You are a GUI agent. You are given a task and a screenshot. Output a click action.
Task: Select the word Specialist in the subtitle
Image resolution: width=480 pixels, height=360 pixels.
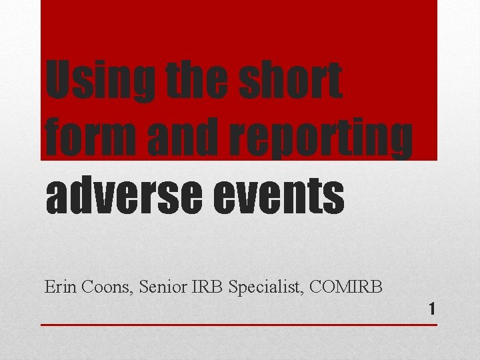(x=263, y=288)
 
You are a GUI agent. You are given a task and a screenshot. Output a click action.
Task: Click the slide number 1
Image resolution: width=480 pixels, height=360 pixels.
(x=432, y=309)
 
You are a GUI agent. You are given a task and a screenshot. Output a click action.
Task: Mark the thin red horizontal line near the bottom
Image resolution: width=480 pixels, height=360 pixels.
(x=239, y=325)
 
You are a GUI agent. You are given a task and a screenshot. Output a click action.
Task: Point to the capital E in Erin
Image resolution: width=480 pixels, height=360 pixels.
(x=49, y=287)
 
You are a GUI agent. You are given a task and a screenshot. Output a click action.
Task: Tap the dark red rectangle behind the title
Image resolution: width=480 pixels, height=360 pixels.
(x=239, y=27)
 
